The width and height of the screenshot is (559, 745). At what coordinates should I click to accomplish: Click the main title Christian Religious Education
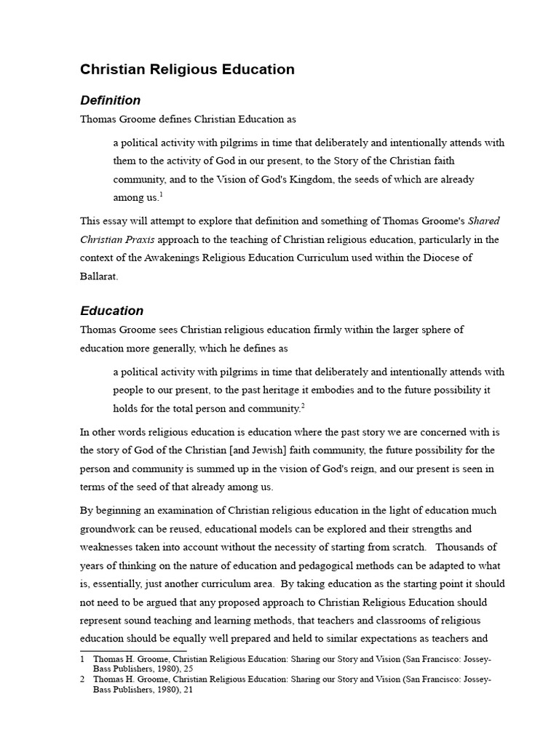point(187,70)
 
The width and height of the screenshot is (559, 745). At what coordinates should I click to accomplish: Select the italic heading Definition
point(110,100)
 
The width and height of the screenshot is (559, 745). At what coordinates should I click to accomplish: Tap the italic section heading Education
point(111,311)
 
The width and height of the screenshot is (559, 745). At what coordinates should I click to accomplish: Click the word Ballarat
point(99,277)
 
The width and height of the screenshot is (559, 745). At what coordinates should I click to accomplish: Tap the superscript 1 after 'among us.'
point(161,195)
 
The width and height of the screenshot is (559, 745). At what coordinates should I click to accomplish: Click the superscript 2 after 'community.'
point(302,405)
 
